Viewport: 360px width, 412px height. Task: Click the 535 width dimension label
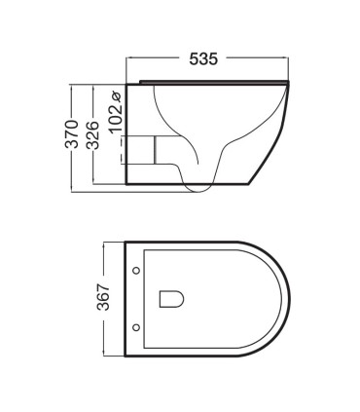click(x=203, y=59)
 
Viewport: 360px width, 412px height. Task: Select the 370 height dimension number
click(x=72, y=134)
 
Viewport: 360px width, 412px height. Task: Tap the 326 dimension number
click(x=92, y=134)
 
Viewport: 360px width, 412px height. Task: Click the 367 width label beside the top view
click(x=104, y=297)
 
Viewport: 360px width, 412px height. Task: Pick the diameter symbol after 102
click(x=116, y=97)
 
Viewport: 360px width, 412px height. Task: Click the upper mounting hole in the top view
click(x=136, y=270)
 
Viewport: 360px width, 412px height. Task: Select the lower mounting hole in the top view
click(x=136, y=327)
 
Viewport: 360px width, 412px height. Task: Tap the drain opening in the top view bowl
click(x=171, y=299)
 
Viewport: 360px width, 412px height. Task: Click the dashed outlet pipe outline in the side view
click(x=122, y=150)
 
